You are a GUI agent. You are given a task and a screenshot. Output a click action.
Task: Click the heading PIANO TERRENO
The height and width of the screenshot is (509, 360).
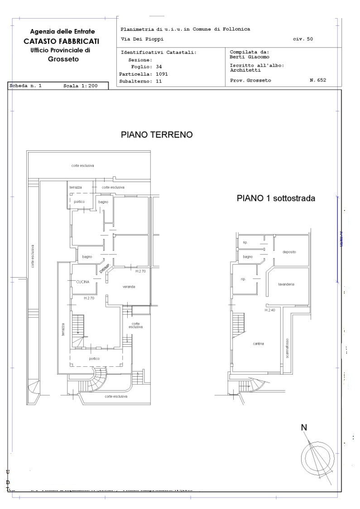157,135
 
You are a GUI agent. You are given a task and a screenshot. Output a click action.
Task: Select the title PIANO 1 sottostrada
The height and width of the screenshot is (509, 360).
276,198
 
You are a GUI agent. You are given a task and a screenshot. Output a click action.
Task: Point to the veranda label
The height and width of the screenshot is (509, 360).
129,287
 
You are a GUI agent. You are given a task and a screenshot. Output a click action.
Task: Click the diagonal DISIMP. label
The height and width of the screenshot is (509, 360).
105,268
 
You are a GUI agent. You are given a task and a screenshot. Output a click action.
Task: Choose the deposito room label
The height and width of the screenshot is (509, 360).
289,252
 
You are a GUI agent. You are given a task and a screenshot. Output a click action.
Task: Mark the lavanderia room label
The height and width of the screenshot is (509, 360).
286,284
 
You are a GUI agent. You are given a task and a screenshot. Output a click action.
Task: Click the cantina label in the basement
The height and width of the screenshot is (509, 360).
259,344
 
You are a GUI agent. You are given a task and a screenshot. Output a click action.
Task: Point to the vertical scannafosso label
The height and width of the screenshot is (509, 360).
287,349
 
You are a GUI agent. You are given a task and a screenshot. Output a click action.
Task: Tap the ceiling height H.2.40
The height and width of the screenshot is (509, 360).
270,310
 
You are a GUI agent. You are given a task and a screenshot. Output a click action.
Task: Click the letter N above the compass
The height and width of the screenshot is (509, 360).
304,427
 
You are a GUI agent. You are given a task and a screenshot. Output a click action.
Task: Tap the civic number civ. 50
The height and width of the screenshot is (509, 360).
302,39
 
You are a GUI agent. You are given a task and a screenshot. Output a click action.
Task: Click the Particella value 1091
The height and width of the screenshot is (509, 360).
162,73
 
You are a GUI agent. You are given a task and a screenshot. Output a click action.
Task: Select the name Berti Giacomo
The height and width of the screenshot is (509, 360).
250,57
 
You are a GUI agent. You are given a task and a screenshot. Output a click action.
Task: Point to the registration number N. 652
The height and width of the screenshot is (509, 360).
317,80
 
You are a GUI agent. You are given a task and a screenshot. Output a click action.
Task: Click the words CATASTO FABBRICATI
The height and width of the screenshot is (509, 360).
62,41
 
